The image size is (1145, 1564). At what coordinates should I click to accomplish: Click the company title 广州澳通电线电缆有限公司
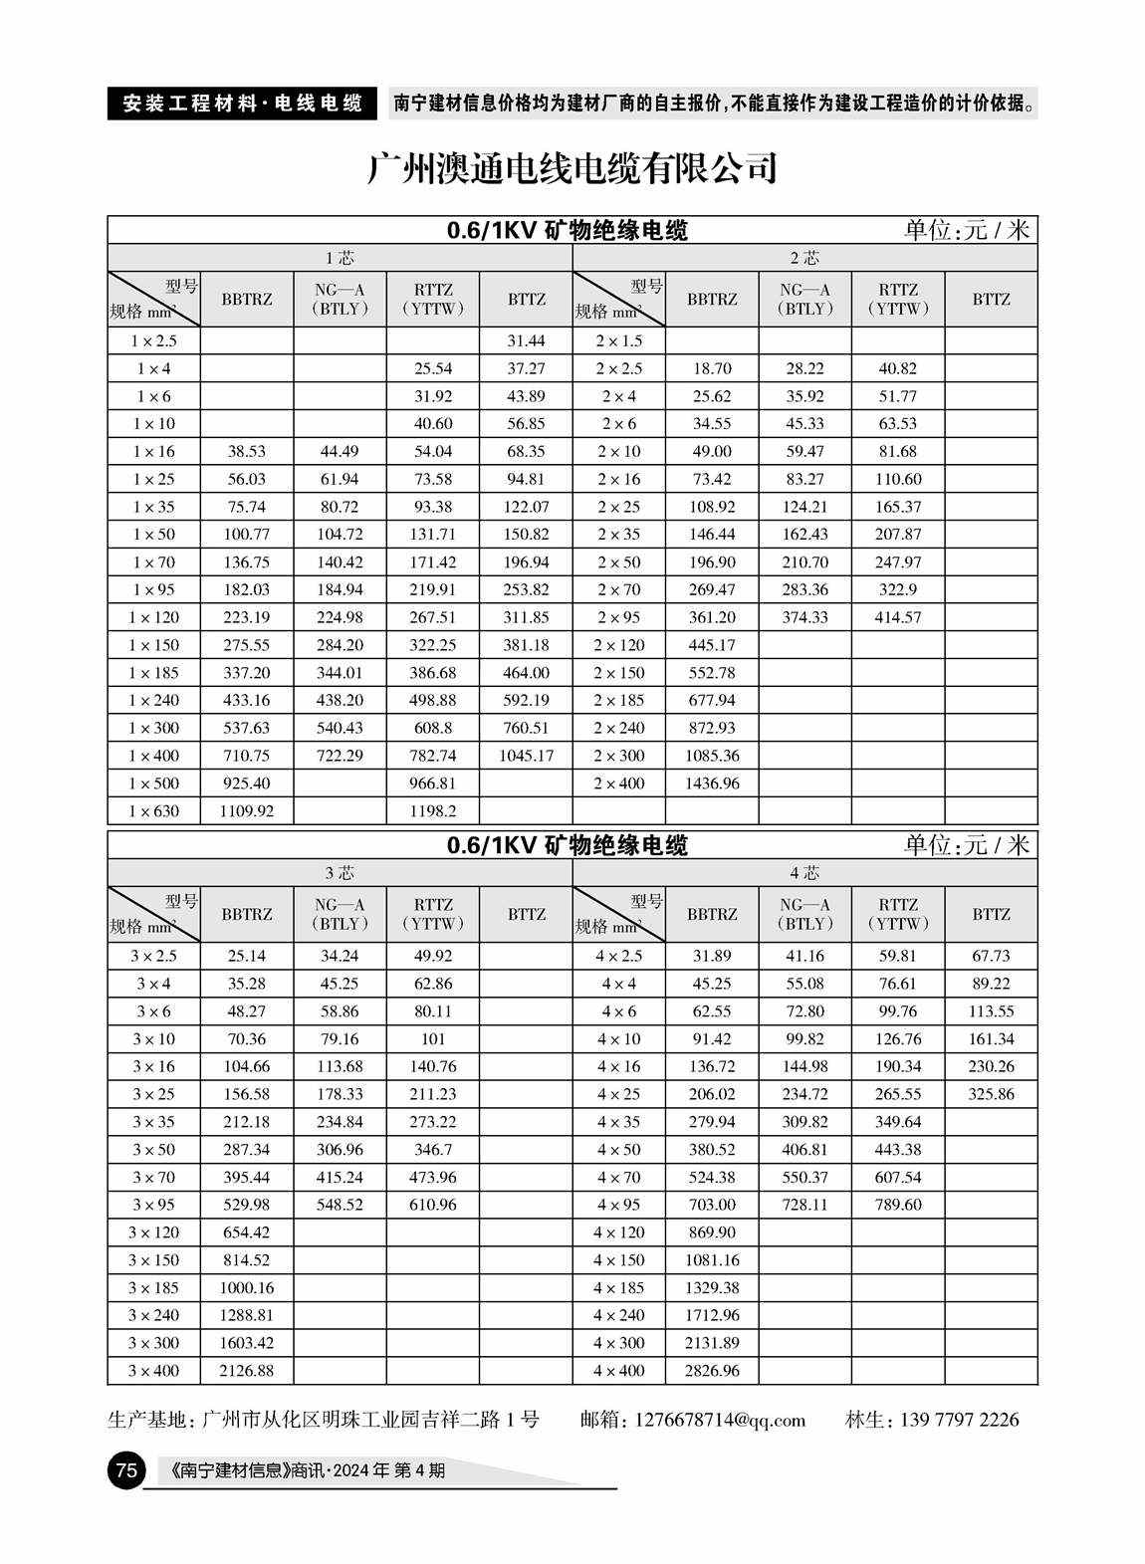click(x=572, y=169)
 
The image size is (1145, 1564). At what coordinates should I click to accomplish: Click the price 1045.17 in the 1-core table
click(x=526, y=756)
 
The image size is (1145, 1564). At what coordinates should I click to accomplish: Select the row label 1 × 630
click(x=153, y=811)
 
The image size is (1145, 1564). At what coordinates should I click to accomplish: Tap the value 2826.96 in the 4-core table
click(x=712, y=1371)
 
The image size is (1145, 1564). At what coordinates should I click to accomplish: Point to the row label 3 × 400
click(x=153, y=1371)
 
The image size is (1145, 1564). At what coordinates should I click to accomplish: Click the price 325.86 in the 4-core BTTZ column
click(x=991, y=1094)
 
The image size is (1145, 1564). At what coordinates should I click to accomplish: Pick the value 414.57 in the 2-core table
click(x=897, y=617)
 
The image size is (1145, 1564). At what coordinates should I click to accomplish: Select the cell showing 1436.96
click(x=712, y=783)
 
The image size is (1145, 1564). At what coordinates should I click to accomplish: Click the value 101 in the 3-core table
click(x=433, y=1039)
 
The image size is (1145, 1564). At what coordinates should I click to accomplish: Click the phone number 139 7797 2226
click(x=960, y=1420)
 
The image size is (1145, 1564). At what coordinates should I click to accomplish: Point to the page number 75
click(x=124, y=1470)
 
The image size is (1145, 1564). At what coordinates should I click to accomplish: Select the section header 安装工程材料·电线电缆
click(x=242, y=104)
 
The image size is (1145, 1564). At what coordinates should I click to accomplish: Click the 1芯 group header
click(x=340, y=258)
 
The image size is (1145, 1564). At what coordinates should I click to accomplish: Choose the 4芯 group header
click(x=804, y=873)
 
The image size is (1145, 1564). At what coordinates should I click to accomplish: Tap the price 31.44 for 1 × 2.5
click(x=526, y=340)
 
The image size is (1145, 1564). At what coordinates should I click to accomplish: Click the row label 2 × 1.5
click(x=618, y=340)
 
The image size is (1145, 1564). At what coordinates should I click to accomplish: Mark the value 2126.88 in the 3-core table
click(x=246, y=1371)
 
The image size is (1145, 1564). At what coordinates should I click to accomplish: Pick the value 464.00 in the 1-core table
click(x=526, y=673)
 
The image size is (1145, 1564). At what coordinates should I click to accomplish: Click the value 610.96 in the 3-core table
click(x=433, y=1205)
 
